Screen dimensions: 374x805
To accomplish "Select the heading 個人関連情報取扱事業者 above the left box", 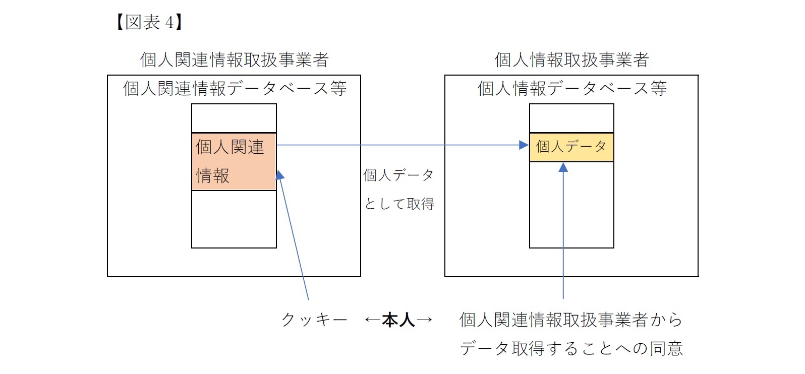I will click(x=234, y=60).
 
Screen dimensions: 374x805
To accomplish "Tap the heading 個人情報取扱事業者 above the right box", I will click(x=571, y=60).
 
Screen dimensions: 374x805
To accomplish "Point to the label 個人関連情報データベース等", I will click(x=234, y=89).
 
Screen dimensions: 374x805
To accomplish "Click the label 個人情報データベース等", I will click(x=571, y=89).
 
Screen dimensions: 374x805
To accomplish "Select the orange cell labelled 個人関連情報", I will click(x=234, y=161).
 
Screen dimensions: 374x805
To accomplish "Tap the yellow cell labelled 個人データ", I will click(x=571, y=147).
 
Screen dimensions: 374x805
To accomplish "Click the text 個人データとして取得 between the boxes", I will click(x=398, y=189).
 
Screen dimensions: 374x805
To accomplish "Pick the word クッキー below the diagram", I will click(x=314, y=320).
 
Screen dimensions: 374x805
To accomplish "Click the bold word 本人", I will click(x=398, y=320).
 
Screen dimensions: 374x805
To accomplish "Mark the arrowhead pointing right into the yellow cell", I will click(x=524, y=145).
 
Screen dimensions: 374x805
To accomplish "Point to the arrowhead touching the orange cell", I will click(x=279, y=175).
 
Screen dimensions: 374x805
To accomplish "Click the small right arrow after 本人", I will click(x=424, y=320).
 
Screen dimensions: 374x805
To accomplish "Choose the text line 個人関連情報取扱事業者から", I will click(x=570, y=320).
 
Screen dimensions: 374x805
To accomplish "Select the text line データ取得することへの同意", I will click(x=570, y=348).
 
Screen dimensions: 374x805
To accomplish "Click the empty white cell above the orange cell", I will click(x=234, y=118).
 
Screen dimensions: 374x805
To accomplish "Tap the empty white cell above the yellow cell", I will click(x=571, y=118).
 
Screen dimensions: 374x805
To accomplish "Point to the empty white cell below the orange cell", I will click(x=234, y=219).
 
